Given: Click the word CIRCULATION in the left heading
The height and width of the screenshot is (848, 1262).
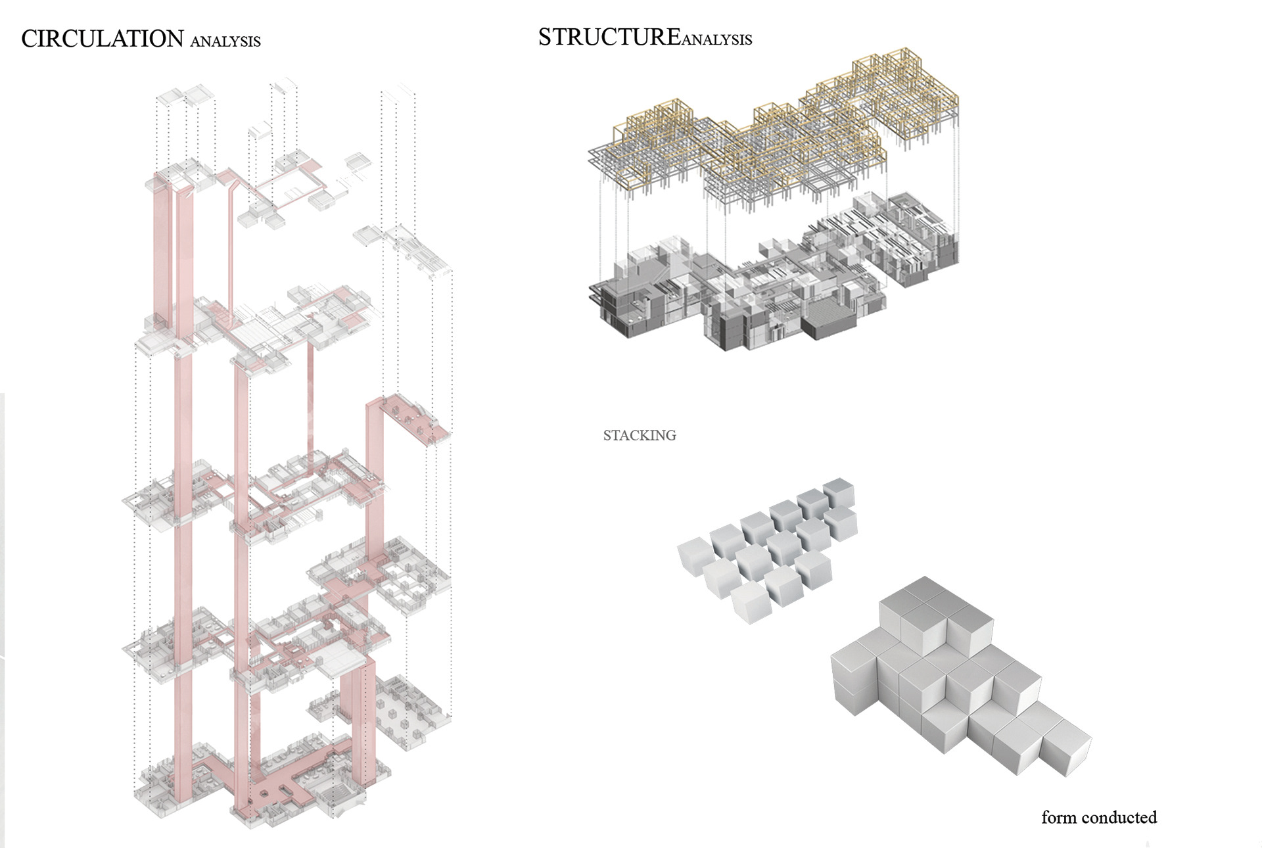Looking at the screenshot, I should [x=102, y=39].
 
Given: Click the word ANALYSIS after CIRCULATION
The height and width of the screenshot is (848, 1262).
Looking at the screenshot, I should [x=225, y=42].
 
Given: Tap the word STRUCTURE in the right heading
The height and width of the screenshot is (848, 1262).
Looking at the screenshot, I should [x=609, y=37].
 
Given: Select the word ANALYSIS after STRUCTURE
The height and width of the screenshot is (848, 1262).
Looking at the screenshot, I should [x=717, y=40].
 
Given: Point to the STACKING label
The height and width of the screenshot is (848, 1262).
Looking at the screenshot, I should [x=640, y=435].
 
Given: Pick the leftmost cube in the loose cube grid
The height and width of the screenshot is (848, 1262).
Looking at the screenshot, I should [x=695, y=556].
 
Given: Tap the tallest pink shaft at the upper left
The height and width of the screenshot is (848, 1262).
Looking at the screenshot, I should [x=160, y=250].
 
